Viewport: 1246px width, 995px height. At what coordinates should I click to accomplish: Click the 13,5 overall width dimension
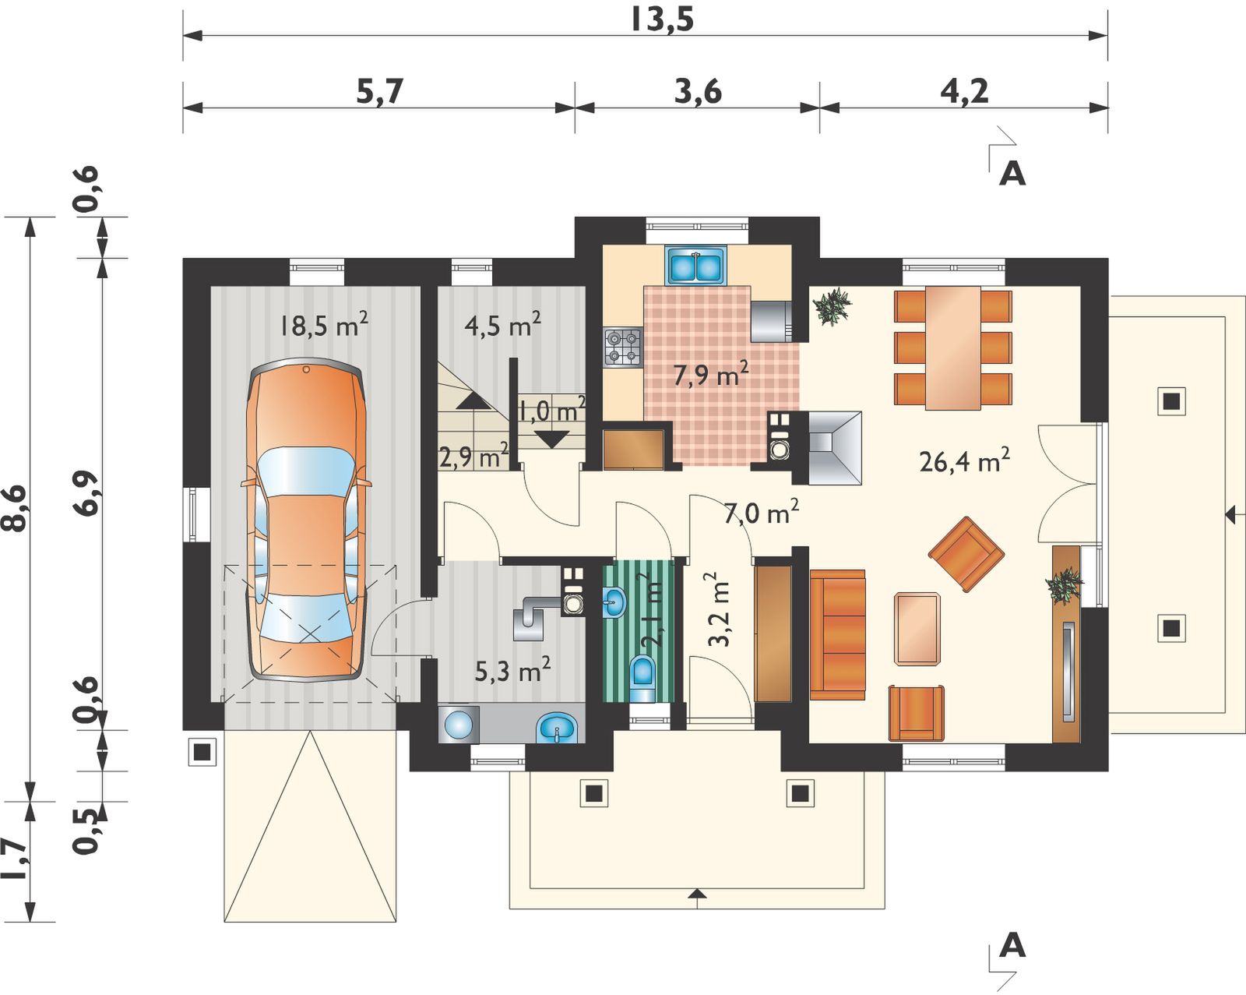(661, 20)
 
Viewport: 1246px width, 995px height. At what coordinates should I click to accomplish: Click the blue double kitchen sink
(696, 266)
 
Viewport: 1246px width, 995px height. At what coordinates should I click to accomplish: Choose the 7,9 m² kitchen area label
(711, 374)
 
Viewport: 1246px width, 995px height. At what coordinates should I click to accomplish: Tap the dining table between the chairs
(953, 348)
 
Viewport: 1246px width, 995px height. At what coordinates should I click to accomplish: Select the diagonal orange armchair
(966, 554)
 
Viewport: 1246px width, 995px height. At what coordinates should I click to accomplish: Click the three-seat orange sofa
(837, 635)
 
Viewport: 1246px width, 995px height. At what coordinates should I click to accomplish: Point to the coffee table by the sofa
(917, 628)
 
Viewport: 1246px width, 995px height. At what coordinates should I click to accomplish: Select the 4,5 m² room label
(503, 325)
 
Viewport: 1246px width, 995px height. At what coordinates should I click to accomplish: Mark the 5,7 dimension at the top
(378, 93)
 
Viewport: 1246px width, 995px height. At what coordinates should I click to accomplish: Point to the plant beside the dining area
(831, 306)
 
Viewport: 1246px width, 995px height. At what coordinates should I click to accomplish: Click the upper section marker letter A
(1012, 173)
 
